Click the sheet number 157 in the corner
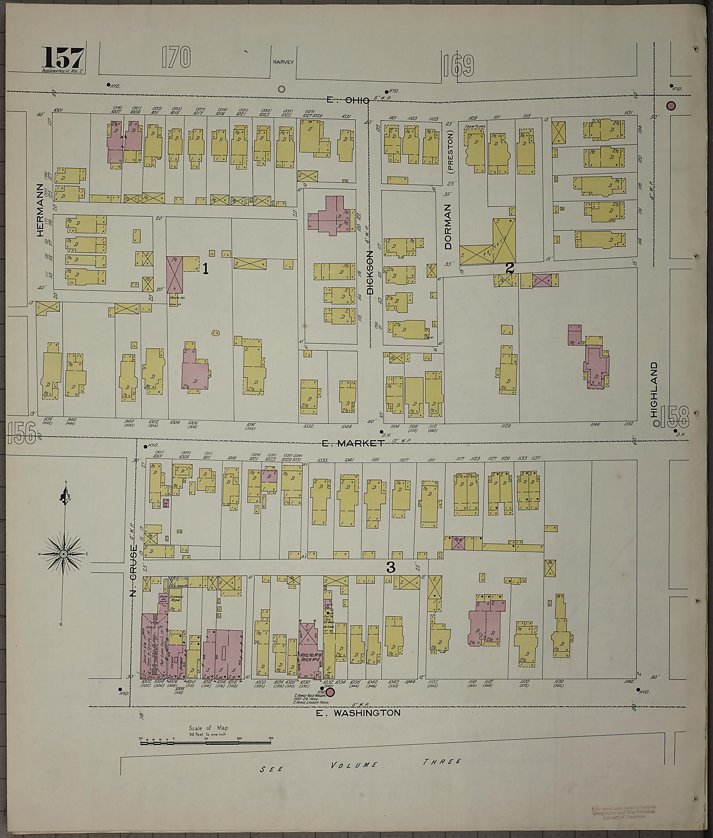(x=63, y=58)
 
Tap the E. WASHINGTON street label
(x=358, y=713)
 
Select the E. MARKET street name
(x=352, y=443)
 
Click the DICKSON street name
(x=370, y=272)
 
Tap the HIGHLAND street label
(x=654, y=389)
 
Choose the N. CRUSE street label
(x=134, y=565)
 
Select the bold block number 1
(x=205, y=269)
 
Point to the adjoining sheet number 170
(x=176, y=57)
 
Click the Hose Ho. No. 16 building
(x=310, y=657)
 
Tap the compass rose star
(x=63, y=554)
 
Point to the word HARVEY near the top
(x=283, y=62)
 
